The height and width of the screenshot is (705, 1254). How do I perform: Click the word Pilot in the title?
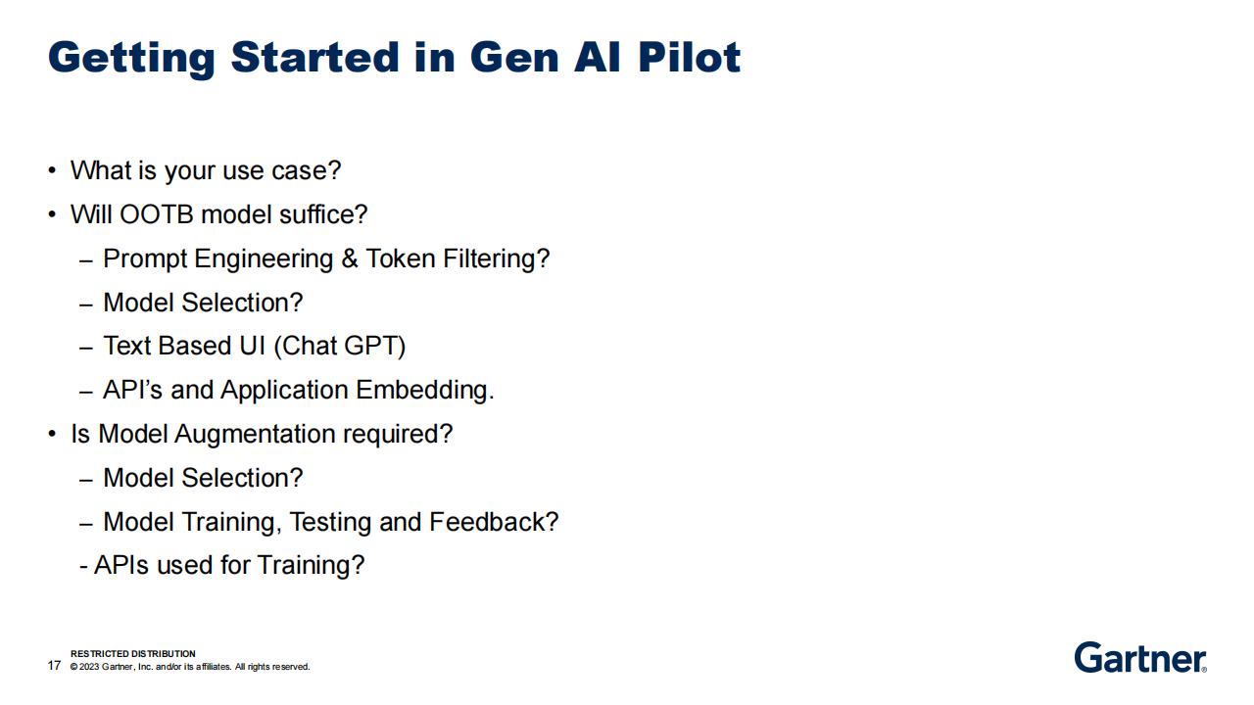(x=689, y=57)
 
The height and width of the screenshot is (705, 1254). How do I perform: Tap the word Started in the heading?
(x=314, y=57)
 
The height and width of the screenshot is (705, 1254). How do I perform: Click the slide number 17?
(x=54, y=665)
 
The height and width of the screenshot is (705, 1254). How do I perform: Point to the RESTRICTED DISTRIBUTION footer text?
(x=132, y=653)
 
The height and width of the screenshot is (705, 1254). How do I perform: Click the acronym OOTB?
(x=156, y=214)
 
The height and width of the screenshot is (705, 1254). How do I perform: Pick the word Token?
(x=401, y=258)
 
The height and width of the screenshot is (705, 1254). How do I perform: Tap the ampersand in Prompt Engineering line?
(x=350, y=258)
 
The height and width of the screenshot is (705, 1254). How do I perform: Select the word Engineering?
(x=264, y=259)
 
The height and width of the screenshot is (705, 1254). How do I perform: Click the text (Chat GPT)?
(x=339, y=346)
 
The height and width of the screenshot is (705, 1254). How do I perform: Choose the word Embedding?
(x=425, y=390)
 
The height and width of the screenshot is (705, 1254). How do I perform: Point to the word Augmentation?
(x=255, y=435)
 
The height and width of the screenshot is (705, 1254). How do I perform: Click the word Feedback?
(x=494, y=522)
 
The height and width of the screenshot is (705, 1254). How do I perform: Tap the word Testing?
(x=330, y=523)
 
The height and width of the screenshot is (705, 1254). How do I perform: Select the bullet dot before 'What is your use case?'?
(x=52, y=170)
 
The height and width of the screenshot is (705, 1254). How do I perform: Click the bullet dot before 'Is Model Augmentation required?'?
(x=52, y=434)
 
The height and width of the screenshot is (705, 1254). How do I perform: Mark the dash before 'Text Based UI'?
(x=85, y=348)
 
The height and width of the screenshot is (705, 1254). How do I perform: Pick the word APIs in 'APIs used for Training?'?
(x=121, y=565)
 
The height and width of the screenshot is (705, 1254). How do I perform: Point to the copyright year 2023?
(x=89, y=667)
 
